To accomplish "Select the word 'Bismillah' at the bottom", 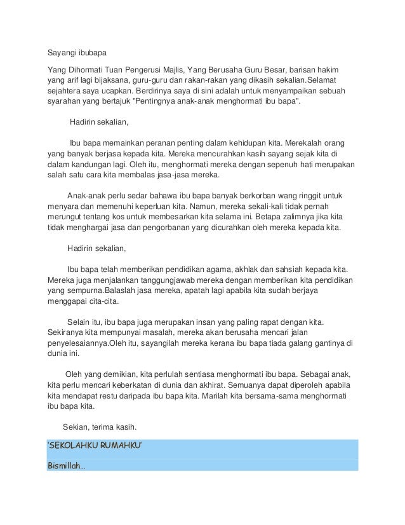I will coord(67,465).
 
